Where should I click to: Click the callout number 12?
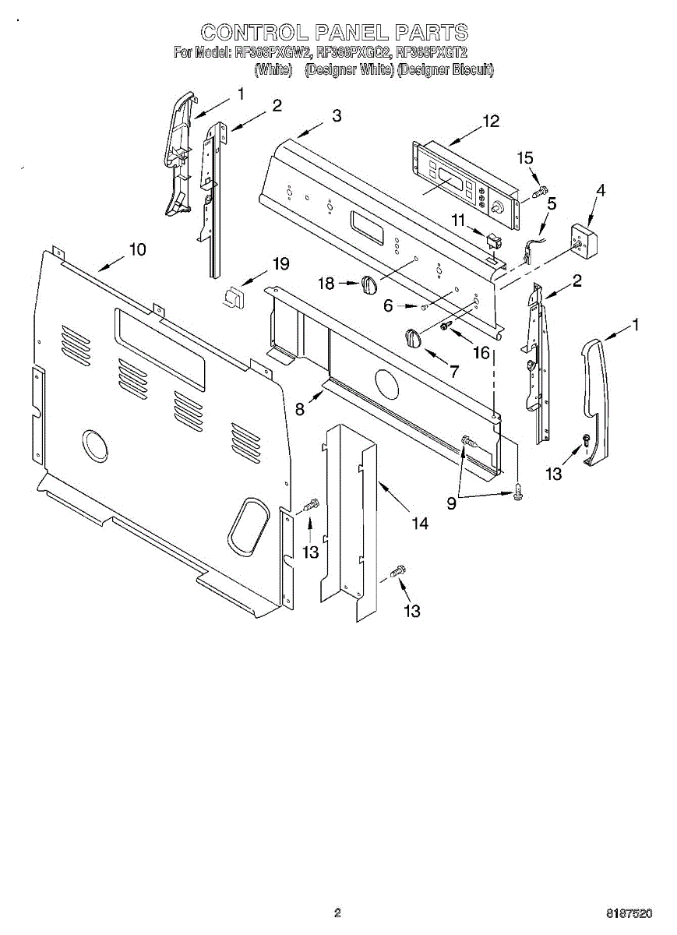click(x=491, y=122)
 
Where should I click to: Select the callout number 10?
click(x=137, y=249)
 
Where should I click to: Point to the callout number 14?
click(x=420, y=524)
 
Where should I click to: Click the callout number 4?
click(x=601, y=190)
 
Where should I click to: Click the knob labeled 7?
click(x=412, y=337)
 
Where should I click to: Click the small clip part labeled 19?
click(x=232, y=296)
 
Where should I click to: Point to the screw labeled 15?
click(x=539, y=189)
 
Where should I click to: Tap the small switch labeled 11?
click(x=491, y=241)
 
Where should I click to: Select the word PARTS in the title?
click(x=431, y=33)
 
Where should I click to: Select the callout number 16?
click(x=481, y=353)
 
